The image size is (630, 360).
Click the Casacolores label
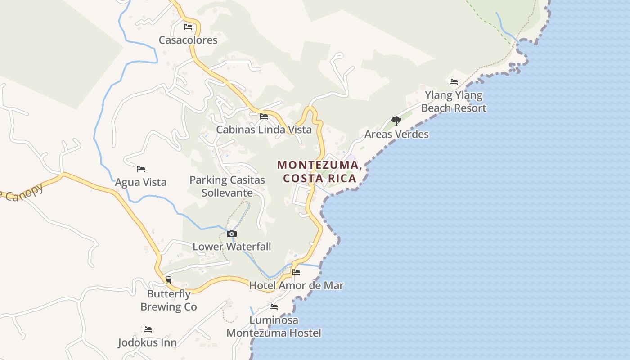pyautogui.click(x=188, y=40)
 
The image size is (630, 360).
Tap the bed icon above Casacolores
pyautogui.click(x=188, y=27)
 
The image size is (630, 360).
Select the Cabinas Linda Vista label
pyautogui.click(x=264, y=130)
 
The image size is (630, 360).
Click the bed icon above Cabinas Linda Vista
pyautogui.click(x=264, y=117)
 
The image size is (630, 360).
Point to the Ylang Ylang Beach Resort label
pyautogui.click(x=454, y=102)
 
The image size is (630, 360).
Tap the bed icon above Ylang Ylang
pyautogui.click(x=454, y=82)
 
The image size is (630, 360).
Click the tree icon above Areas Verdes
pyautogui.click(x=396, y=121)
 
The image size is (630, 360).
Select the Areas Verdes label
pyautogui.click(x=396, y=134)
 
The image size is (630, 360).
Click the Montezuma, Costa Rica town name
pyautogui.click(x=320, y=171)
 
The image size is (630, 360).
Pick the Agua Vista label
pyautogui.click(x=141, y=182)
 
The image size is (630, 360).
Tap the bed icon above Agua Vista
pyautogui.click(x=141, y=169)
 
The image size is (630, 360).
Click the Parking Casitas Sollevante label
pyautogui.click(x=227, y=186)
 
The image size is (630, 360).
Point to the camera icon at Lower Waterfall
pyautogui.click(x=232, y=234)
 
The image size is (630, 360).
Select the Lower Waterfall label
pyautogui.click(x=232, y=247)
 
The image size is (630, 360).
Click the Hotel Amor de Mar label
pyautogui.click(x=296, y=285)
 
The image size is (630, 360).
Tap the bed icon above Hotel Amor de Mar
pyautogui.click(x=296, y=272)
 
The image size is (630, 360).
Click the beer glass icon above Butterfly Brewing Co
pyautogui.click(x=169, y=280)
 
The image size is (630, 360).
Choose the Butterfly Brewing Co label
pyautogui.click(x=169, y=300)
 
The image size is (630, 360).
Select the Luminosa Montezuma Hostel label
pyautogui.click(x=274, y=327)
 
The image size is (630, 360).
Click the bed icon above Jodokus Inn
pyautogui.click(x=148, y=329)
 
